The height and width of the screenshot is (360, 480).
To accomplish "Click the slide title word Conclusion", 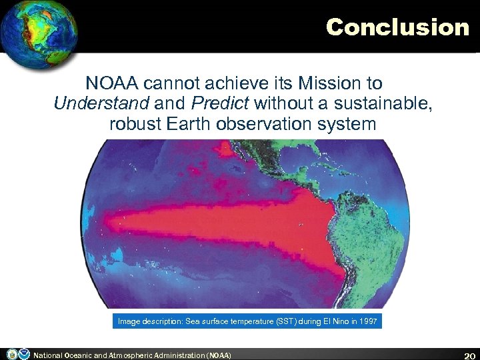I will tap(397, 27).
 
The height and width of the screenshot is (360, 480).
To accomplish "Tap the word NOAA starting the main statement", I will tap(110, 83).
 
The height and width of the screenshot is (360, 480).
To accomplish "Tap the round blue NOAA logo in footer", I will tap(24, 354).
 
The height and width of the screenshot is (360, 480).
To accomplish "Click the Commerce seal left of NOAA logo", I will tap(11, 354).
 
